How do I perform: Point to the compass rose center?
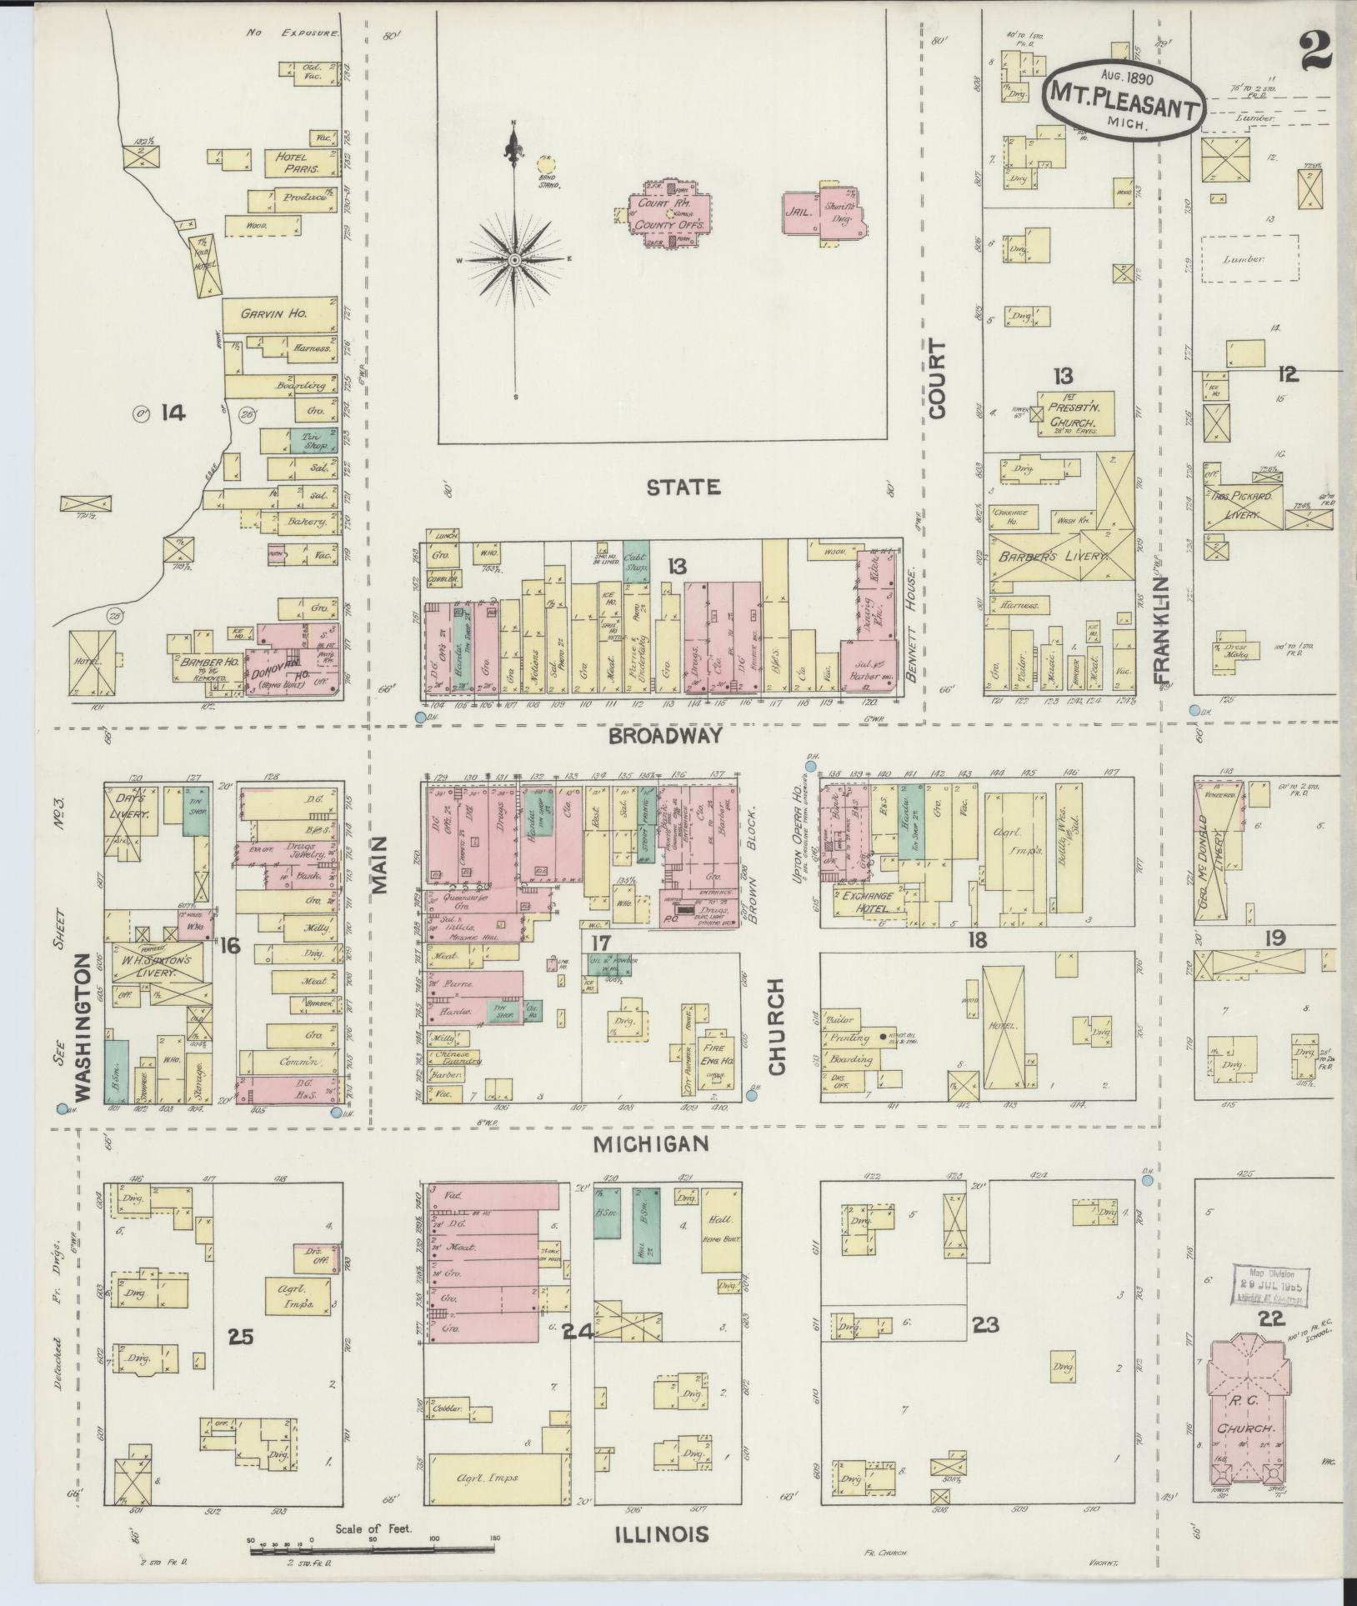point(514,260)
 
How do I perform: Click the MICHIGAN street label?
point(651,1144)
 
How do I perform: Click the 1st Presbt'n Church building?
point(1076,413)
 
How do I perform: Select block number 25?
point(241,1336)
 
